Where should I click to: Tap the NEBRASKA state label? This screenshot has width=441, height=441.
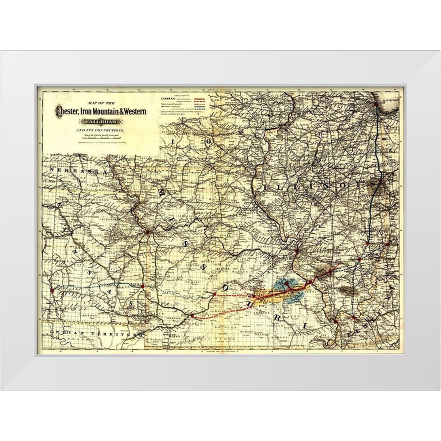(x=78, y=172)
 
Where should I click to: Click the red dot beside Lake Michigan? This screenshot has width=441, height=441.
(x=375, y=105)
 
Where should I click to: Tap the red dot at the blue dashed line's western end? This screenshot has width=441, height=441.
(x=52, y=290)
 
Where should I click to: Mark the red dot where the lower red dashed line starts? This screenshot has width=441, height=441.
(x=192, y=316)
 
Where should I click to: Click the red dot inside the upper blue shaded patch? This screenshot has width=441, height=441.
(x=286, y=283)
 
